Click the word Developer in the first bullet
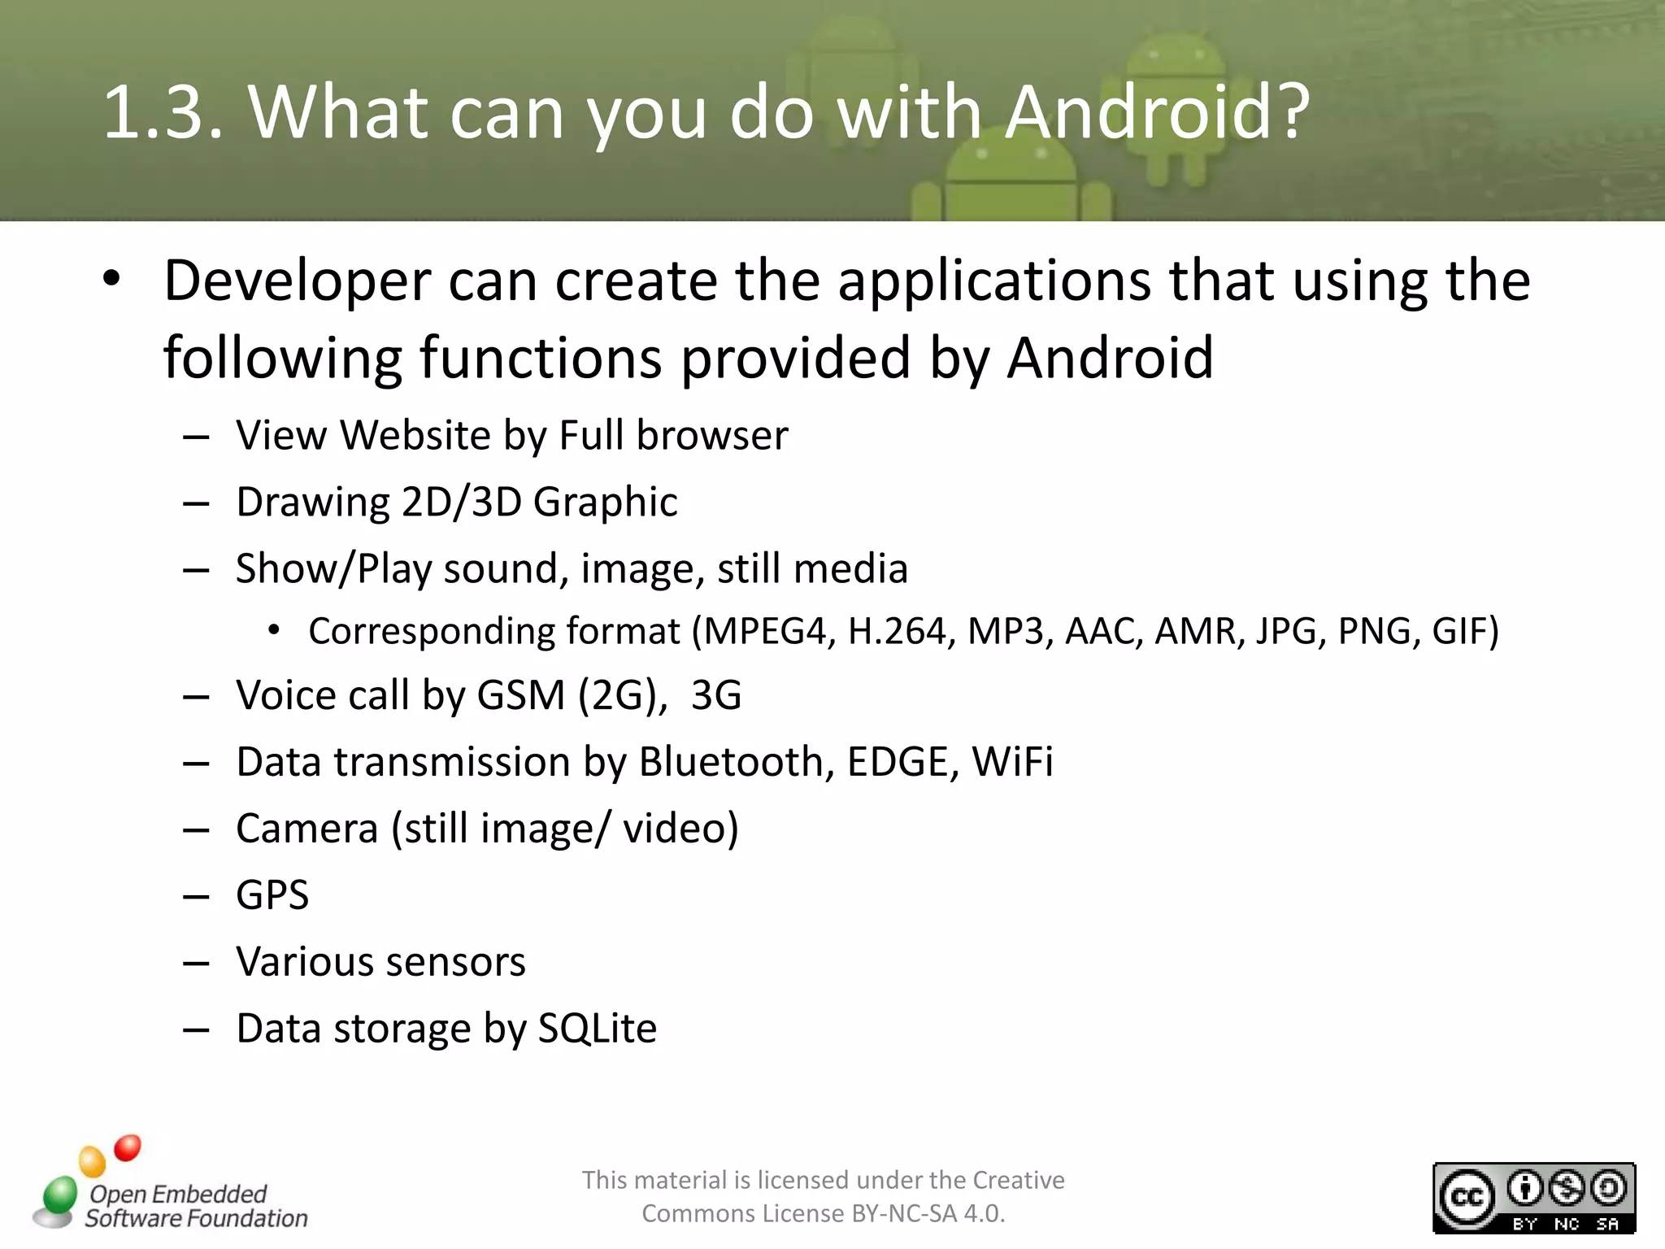coord(297,281)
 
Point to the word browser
coord(712,435)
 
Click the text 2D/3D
coord(461,502)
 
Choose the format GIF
coord(1464,631)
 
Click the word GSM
coord(520,695)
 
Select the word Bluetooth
coord(736,762)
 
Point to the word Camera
coord(306,829)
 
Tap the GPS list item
coord(272,895)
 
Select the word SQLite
coord(598,1029)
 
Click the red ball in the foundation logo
coord(128,1147)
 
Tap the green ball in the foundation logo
coord(59,1195)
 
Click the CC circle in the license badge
coord(1467,1197)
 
